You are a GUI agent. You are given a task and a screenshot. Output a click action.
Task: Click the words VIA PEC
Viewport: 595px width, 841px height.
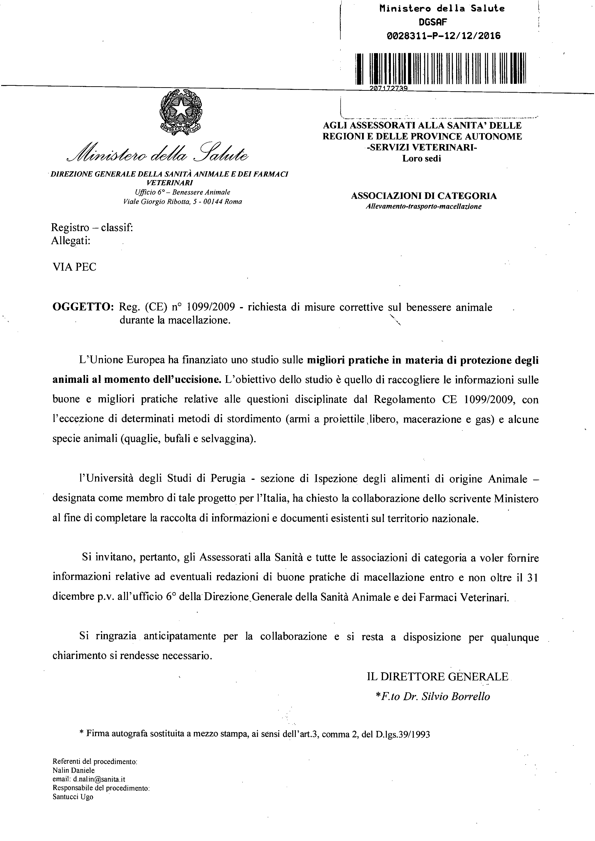[74, 267]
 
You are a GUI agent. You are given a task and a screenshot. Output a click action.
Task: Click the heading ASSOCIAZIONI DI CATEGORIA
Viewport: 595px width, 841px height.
[424, 196]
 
